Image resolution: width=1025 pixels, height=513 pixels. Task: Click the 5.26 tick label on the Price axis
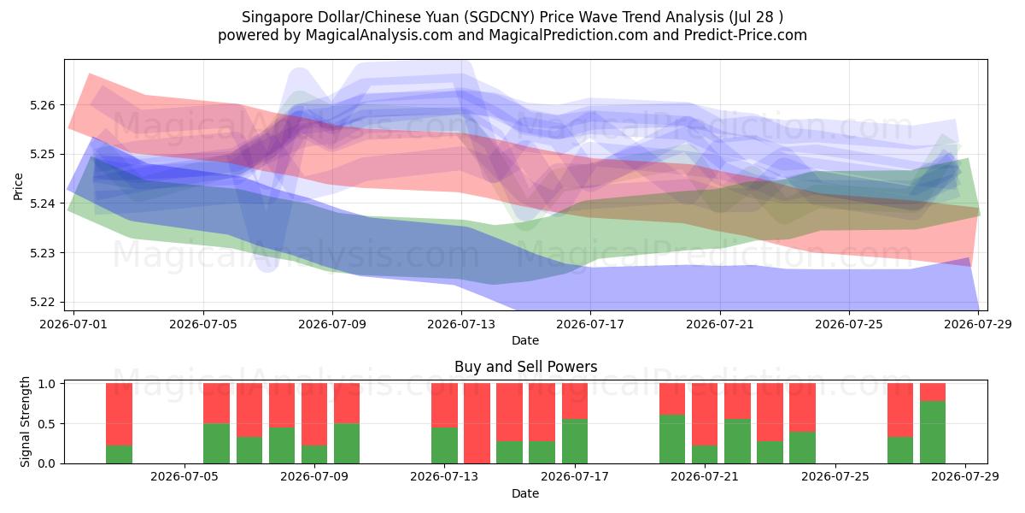pos(42,105)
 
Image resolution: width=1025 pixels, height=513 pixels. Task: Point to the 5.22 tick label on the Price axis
pos(42,303)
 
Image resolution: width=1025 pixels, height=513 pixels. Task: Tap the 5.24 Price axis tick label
pos(42,203)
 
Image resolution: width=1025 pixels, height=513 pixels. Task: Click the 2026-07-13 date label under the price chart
pos(461,324)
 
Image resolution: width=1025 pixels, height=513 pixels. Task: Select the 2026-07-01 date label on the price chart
pos(73,324)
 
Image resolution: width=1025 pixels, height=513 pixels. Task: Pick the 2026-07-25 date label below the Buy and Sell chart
pos(835,476)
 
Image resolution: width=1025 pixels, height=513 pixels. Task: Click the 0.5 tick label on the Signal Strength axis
pos(47,424)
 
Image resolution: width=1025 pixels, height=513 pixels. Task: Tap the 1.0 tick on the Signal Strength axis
pos(47,384)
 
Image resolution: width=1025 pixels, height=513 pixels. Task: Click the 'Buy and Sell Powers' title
pos(526,367)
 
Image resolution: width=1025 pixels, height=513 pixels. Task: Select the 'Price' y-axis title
pos(18,187)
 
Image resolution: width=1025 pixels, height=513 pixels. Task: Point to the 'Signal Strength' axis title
pos(25,422)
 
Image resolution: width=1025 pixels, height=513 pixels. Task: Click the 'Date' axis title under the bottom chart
pos(525,493)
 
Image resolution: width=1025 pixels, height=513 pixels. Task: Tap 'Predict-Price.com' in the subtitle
pos(746,35)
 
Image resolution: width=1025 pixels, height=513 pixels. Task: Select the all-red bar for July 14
pos(477,423)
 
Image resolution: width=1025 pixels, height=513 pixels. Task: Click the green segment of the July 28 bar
pos(933,433)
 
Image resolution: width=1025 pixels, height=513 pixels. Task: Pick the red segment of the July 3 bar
pos(119,415)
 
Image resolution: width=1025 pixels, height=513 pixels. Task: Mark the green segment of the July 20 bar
pos(672,439)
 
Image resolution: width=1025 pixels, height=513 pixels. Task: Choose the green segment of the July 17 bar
pos(575,441)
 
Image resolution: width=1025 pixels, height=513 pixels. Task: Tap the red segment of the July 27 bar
pos(900,410)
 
